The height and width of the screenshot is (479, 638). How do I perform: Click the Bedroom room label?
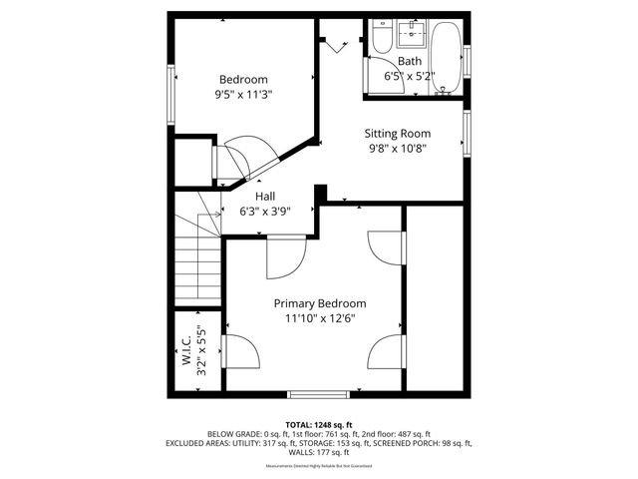pyautogui.click(x=243, y=80)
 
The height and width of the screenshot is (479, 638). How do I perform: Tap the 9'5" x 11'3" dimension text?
pyautogui.click(x=243, y=95)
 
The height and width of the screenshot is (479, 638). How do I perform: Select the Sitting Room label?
pyautogui.click(x=397, y=133)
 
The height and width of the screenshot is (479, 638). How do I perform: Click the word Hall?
pyautogui.click(x=265, y=197)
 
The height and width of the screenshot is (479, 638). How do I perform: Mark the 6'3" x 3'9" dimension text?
pyautogui.click(x=265, y=211)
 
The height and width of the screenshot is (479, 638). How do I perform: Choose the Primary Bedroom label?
pyautogui.click(x=320, y=303)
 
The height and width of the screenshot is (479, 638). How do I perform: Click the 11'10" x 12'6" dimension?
pyautogui.click(x=320, y=318)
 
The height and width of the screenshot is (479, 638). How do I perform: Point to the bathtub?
pyautogui.click(x=445, y=55)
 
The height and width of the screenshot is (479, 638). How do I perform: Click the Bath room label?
pyautogui.click(x=410, y=62)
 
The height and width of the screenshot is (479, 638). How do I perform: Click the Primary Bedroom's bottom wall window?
pyautogui.click(x=319, y=393)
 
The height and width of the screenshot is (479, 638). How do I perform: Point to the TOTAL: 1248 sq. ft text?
pyautogui.click(x=319, y=424)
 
